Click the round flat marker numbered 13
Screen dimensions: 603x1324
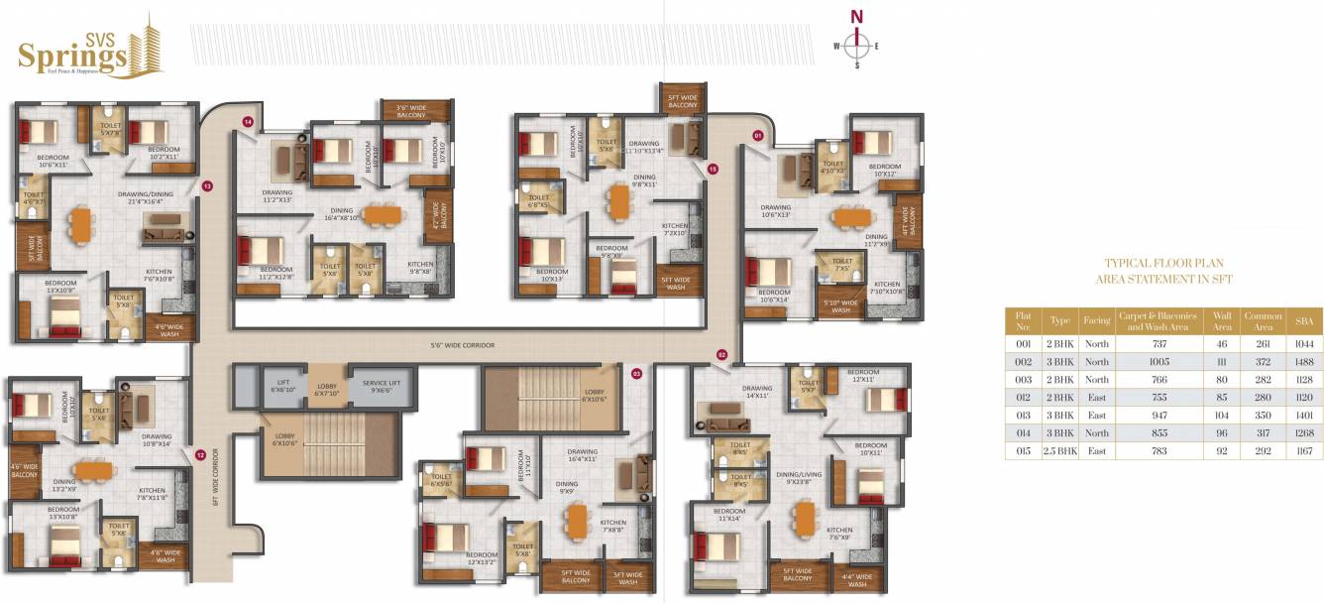click(x=207, y=185)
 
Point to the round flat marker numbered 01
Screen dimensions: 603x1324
click(x=758, y=134)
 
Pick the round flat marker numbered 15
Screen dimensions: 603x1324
click(x=712, y=169)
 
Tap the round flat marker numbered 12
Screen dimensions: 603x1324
click(x=200, y=455)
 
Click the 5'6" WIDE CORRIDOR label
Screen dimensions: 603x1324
click(x=463, y=345)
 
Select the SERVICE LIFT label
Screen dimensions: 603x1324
click(x=382, y=384)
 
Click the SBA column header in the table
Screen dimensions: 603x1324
click(x=1302, y=320)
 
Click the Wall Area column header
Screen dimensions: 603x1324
click(x=1221, y=320)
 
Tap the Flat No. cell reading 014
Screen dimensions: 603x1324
click(x=1024, y=431)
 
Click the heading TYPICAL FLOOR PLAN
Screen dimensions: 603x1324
click(x=1163, y=264)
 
